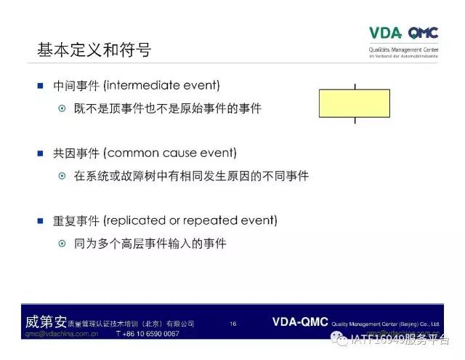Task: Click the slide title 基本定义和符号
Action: (94, 50)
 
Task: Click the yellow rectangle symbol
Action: (355, 103)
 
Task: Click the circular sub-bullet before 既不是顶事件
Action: (62, 108)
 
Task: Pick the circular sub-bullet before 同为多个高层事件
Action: (62, 243)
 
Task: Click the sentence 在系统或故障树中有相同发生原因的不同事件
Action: (191, 176)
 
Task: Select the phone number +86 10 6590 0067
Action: (147, 334)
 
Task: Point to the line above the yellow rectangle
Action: (355, 86)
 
